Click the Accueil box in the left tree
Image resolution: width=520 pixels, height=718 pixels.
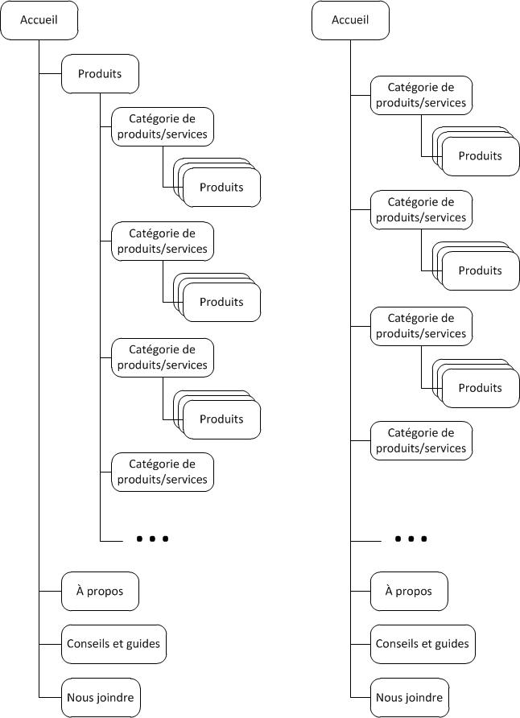[x=39, y=20]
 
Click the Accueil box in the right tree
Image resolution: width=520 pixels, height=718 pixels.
[x=350, y=20]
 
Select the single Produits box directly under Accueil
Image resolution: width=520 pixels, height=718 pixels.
[x=100, y=74]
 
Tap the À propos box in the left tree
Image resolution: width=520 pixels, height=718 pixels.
[x=100, y=591]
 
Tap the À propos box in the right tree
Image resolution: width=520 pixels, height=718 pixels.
[x=409, y=591]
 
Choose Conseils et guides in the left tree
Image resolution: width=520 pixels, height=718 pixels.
[x=113, y=643]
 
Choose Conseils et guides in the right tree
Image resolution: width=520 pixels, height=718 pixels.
[x=422, y=643]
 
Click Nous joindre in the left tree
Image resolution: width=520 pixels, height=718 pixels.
[x=100, y=696]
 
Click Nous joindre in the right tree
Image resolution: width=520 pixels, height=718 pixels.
[x=409, y=696]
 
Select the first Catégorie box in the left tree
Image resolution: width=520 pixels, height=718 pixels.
[x=163, y=127]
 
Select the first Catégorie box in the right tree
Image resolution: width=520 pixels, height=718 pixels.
[x=421, y=95]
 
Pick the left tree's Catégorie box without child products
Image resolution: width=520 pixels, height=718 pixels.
[x=163, y=472]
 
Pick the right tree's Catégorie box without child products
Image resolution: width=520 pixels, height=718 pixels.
[x=421, y=440]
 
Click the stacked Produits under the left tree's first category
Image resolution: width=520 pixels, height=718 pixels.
[x=221, y=188]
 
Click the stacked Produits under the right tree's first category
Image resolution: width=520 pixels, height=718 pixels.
[x=480, y=156]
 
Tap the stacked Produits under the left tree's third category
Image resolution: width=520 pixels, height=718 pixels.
[x=221, y=419]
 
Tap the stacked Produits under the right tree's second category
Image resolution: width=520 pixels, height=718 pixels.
[x=480, y=271]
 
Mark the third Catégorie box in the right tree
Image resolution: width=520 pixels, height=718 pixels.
[x=421, y=326]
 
